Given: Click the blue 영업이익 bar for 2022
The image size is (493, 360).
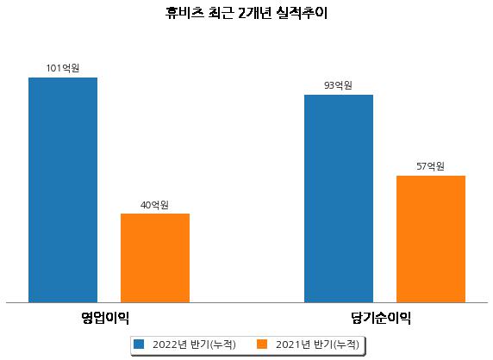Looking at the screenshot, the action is point(63,190).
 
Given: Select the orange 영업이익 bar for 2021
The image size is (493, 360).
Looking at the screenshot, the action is point(155,258).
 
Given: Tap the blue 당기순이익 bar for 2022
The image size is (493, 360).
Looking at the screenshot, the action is point(339,199).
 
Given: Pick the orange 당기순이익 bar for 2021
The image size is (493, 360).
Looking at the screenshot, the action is point(431,239).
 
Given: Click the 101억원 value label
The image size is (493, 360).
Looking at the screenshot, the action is point(63,68).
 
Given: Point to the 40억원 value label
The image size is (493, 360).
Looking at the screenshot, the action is point(154,205).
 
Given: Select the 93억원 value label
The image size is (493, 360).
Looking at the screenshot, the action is point(339,85).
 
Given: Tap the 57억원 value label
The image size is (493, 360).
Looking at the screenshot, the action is point(430,166).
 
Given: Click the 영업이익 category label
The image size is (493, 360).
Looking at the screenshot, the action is point(105,318).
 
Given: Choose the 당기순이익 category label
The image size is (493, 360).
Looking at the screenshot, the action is point(381,318).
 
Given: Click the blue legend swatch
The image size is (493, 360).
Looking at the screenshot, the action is point(139,344).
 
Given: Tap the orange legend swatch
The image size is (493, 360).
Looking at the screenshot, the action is point(262,344).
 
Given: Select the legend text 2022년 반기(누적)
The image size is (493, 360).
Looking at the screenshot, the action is point(194,344).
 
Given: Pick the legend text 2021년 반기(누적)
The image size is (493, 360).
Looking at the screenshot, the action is point(317,344).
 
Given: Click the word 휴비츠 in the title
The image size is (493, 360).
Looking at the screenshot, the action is point(184,13).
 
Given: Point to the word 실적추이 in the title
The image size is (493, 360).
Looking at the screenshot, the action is point(302,13).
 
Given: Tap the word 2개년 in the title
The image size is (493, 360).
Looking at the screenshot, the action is point(254,13).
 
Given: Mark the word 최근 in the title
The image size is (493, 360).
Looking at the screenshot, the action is point(221,13).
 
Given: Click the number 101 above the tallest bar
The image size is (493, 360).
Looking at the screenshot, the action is point(53,68).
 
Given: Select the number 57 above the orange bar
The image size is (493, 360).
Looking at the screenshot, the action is point(421,166).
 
